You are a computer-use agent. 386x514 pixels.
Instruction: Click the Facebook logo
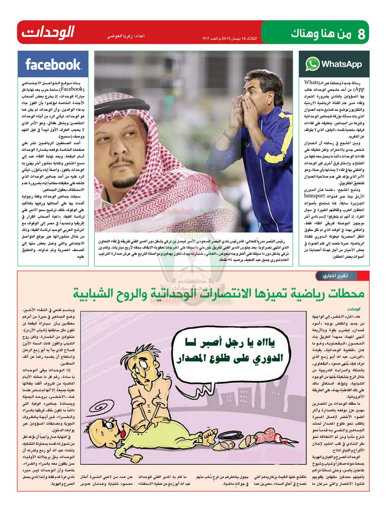53,64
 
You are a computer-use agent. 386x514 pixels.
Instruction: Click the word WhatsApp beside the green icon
341,64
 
